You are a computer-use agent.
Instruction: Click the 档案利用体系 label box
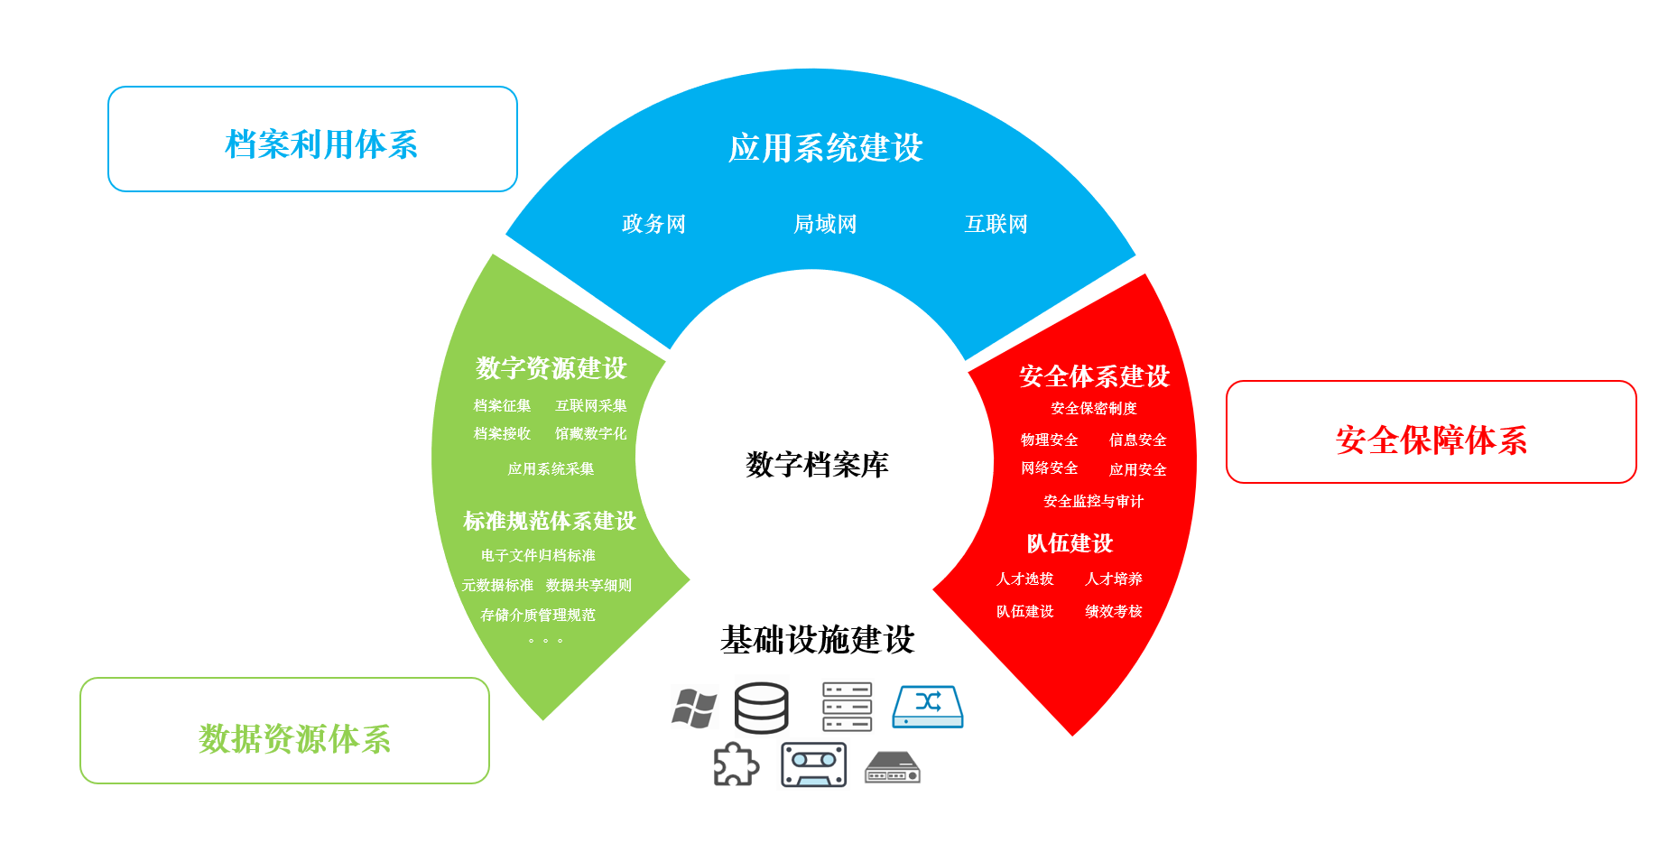(x=312, y=139)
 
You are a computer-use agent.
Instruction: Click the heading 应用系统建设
(x=826, y=148)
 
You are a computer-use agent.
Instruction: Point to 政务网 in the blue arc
(x=653, y=224)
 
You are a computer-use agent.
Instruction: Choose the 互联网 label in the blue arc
(x=996, y=224)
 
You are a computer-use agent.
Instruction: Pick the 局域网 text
(x=825, y=224)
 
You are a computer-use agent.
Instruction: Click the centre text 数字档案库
(x=817, y=465)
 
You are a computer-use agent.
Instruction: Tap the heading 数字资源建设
(x=551, y=368)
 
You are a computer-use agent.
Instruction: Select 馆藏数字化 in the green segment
(x=590, y=434)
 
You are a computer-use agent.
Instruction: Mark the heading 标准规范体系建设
(x=550, y=521)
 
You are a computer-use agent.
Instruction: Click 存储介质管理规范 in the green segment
(x=538, y=615)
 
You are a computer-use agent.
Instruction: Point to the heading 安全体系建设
(x=1095, y=376)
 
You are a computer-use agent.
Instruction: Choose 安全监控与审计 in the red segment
(x=1093, y=501)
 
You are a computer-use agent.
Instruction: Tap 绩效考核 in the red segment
(x=1113, y=611)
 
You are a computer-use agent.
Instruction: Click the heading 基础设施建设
(x=818, y=640)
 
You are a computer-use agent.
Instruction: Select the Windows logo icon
(x=694, y=709)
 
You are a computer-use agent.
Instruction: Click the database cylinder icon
(x=762, y=708)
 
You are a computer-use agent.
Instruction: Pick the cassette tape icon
(x=814, y=765)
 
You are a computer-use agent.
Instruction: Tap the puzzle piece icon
(x=736, y=764)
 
